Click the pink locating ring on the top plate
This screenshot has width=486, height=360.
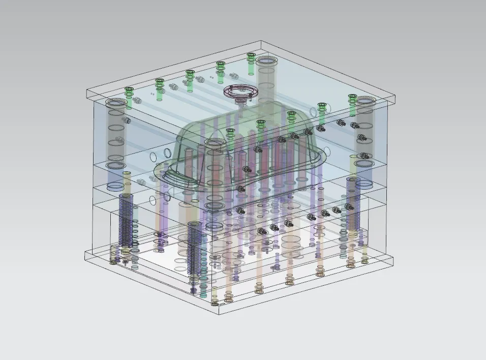[x=239, y=92]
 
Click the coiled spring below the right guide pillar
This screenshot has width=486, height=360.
[x=353, y=203]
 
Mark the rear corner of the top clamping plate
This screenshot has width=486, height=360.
[x=261, y=42]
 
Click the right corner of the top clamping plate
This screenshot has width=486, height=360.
[x=396, y=96]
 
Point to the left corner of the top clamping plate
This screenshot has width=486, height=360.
[x=87, y=92]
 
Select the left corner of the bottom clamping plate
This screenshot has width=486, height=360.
[x=84, y=253]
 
